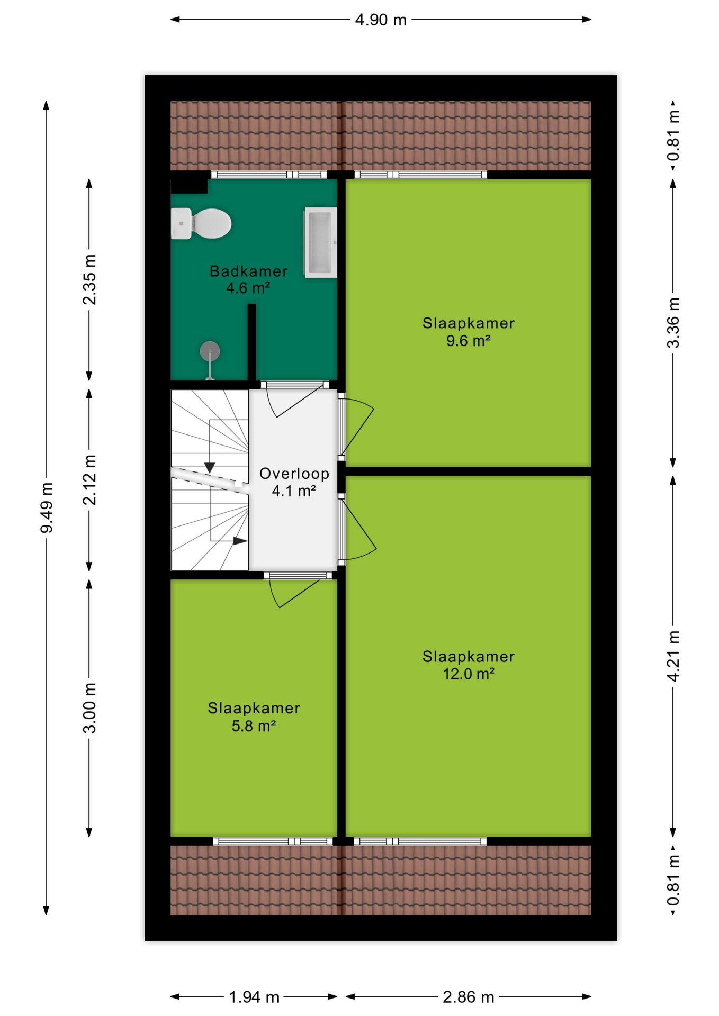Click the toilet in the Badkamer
pos(201,223)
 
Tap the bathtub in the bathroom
pos(320,243)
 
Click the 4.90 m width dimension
pos(381,20)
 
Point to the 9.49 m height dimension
pos(47,507)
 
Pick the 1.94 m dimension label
pos(254,997)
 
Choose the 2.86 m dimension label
pos(469,997)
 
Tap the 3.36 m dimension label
pos(673,322)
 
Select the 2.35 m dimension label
pos(89,279)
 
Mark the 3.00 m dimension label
pos(89,707)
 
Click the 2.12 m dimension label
pos(89,479)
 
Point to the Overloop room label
pos(294,474)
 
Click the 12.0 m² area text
pos(469,674)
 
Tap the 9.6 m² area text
pos(468,340)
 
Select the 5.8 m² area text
pos(254,725)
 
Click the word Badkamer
pos(249,271)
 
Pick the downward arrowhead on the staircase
pos(210,468)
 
